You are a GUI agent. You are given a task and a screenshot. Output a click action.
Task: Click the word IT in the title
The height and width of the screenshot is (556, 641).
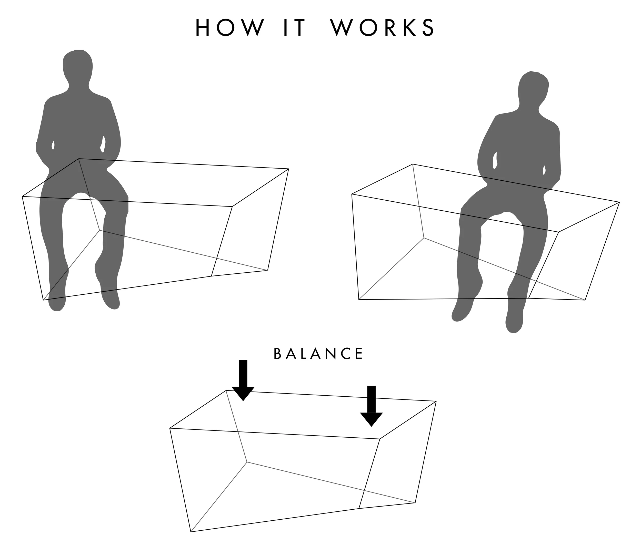(295, 28)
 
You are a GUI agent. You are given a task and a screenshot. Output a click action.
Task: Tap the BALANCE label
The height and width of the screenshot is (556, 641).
(318, 354)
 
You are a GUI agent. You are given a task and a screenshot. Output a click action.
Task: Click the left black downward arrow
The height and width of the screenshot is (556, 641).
(243, 380)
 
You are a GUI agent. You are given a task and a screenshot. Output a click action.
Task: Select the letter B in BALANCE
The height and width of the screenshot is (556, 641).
(277, 354)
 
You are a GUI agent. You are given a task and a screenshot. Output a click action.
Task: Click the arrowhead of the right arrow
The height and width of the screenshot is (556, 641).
(371, 419)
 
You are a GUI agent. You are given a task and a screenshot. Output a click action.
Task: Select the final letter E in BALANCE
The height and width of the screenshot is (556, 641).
(360, 354)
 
